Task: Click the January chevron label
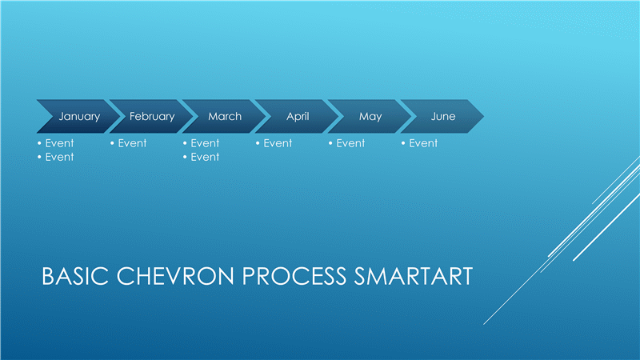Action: pos(79,117)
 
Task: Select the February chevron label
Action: pos(152,117)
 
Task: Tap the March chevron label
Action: pos(225,116)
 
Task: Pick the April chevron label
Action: pos(298,117)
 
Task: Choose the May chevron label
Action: pos(370,117)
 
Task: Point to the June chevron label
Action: pos(443,116)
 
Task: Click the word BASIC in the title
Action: pos(75,276)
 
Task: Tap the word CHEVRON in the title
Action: pos(175,276)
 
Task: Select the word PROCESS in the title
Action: pos(294,276)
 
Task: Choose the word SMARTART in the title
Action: pos(414,276)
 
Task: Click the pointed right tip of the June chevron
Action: pos(484,116)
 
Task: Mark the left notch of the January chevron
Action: pos(54,116)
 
